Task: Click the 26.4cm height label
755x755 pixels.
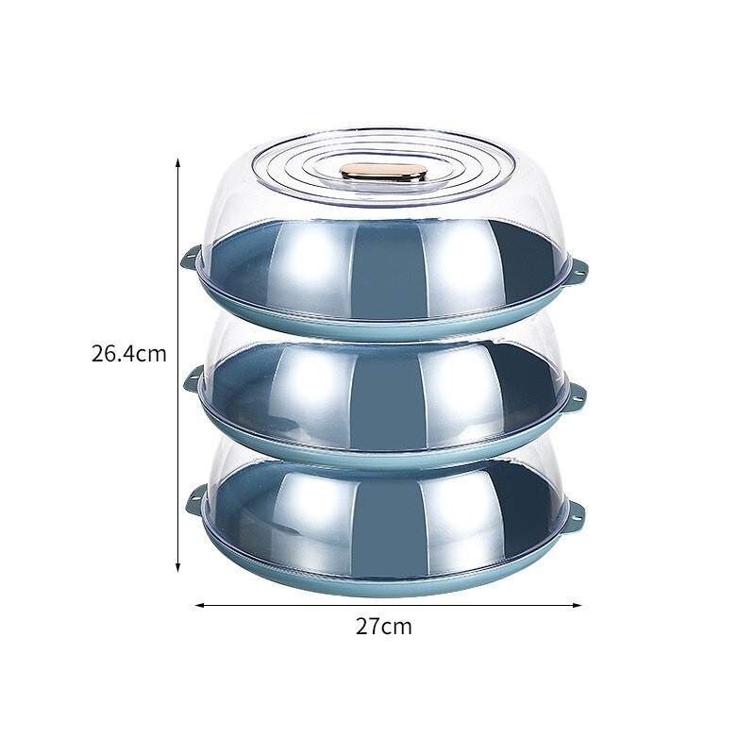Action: pyautogui.click(x=128, y=354)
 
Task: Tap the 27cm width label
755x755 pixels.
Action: pyautogui.click(x=384, y=627)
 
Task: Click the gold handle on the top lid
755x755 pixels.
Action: pyautogui.click(x=383, y=173)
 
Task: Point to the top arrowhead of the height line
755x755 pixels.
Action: pyautogui.click(x=177, y=162)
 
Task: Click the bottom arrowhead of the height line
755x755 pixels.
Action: pyautogui.click(x=177, y=568)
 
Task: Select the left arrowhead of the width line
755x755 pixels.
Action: pyautogui.click(x=200, y=605)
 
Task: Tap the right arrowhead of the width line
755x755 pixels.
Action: pyautogui.click(x=577, y=605)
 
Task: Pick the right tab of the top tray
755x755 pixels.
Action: pyautogui.click(x=579, y=269)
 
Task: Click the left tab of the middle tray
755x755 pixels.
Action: pyautogui.click(x=193, y=378)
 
